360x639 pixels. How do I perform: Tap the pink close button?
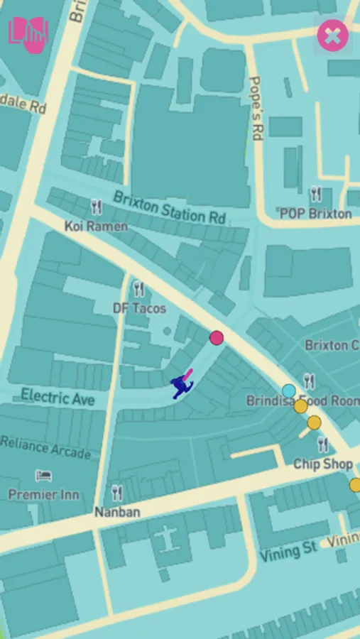click(332, 35)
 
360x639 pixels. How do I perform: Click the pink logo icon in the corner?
click(28, 35)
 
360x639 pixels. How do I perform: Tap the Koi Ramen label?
click(96, 226)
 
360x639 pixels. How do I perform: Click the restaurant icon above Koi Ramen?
click(97, 207)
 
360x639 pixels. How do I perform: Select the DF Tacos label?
click(139, 308)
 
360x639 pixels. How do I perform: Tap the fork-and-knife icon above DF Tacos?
click(138, 289)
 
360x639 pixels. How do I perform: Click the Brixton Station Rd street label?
click(169, 207)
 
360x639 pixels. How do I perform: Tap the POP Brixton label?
click(315, 213)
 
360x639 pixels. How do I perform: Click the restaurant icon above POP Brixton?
click(316, 194)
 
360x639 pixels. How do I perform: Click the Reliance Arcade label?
click(45, 447)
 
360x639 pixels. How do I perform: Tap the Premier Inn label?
click(44, 494)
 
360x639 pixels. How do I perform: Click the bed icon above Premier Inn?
click(44, 476)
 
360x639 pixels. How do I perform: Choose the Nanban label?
click(117, 512)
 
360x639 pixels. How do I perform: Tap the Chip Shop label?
click(323, 464)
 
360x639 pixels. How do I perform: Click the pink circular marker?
click(217, 338)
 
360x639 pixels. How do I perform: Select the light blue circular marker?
click(288, 390)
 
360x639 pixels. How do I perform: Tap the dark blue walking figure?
click(182, 386)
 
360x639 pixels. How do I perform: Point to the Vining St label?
click(288, 552)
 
